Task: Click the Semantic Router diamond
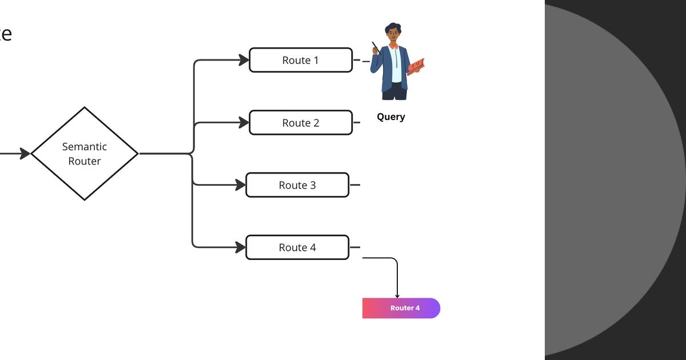[x=85, y=153]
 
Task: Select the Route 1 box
[x=301, y=60]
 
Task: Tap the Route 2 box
[x=301, y=123]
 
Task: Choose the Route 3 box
[x=297, y=185]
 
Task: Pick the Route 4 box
[x=297, y=247]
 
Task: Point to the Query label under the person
[x=391, y=117]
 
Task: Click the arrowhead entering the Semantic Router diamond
[x=25, y=153]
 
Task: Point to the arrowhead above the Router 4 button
[x=397, y=295]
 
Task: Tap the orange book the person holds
[x=416, y=66]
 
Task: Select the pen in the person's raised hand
[x=375, y=47]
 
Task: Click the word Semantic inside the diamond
[x=85, y=146]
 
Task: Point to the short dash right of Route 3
[x=355, y=185]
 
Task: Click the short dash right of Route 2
[x=357, y=122]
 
